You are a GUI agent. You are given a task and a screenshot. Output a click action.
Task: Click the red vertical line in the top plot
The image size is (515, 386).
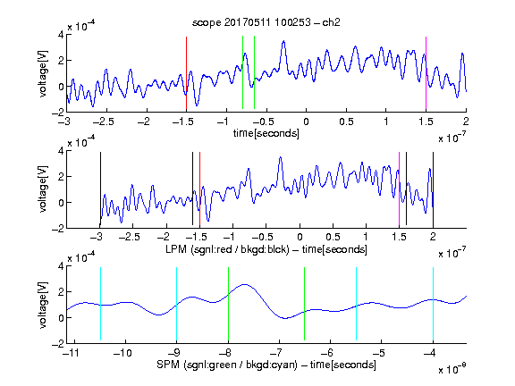(186, 73)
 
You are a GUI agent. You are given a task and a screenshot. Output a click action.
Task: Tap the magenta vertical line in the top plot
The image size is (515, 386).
(426, 73)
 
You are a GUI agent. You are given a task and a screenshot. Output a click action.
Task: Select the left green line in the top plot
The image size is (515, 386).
(242, 72)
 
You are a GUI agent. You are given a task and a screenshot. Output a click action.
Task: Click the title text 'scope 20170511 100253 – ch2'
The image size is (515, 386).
(266, 22)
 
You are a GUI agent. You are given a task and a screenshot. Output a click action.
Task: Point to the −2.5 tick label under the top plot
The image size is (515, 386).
(103, 122)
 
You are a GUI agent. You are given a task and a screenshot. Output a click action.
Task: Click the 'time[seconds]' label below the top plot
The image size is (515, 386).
(266, 133)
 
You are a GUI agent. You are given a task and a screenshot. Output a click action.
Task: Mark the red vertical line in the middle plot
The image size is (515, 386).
(199, 189)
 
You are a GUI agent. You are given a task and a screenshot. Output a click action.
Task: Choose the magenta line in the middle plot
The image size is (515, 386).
(399, 189)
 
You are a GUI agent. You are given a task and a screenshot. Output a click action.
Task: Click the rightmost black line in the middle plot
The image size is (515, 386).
(433, 189)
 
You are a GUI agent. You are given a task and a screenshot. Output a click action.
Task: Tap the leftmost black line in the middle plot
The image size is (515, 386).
(100, 189)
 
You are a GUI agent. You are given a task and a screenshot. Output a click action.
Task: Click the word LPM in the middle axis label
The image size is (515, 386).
(176, 249)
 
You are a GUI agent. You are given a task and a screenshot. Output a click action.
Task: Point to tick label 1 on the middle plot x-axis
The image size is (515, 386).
(366, 237)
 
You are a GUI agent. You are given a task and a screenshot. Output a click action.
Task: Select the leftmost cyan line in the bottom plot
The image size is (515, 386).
(100, 304)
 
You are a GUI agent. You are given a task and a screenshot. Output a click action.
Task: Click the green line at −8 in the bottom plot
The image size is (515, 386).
(228, 304)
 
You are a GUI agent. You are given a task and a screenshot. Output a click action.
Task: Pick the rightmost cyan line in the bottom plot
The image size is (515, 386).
(433, 304)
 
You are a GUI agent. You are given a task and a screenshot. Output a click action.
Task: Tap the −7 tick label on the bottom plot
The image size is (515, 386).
(278, 353)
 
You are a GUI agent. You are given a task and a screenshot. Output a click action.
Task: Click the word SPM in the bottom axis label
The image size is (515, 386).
(167, 365)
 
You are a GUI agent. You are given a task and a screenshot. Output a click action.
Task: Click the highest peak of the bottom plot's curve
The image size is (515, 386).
(244, 284)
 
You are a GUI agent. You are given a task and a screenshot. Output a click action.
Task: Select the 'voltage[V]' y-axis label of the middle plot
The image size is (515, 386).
(43, 189)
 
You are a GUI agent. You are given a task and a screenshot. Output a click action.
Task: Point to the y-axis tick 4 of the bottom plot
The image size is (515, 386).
(61, 266)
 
